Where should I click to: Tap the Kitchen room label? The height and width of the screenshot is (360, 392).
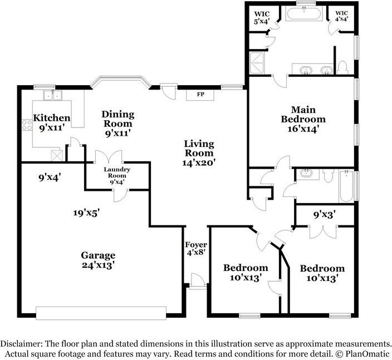pyautogui.click(x=52, y=122)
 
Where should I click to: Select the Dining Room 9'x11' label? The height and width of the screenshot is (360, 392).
pyautogui.click(x=117, y=124)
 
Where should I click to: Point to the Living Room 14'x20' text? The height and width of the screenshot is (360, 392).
pyautogui.click(x=199, y=154)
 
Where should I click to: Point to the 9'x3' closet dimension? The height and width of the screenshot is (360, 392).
pyautogui.click(x=324, y=213)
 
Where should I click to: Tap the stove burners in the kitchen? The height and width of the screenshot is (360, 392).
pyautogui.click(x=26, y=125)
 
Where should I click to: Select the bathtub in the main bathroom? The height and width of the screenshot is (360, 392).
pyautogui.click(x=303, y=13)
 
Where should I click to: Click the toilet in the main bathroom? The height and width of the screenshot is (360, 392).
pyautogui.click(x=343, y=68)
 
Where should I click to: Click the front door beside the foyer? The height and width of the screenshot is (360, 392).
pyautogui.click(x=195, y=280)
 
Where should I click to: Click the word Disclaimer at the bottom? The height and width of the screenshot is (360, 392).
pyautogui.click(x=22, y=344)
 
